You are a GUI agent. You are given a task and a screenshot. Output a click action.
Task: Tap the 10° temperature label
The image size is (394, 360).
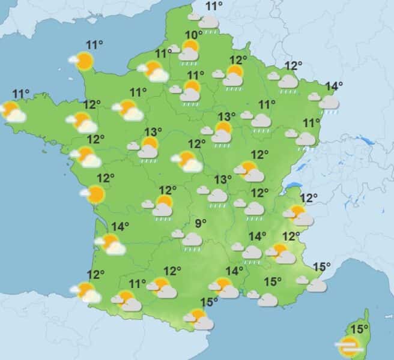(x=193, y=34)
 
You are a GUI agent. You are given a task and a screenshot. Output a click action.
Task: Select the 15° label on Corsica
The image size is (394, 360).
(x=360, y=329)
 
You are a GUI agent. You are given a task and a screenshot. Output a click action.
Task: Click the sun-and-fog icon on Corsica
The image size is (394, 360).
(x=348, y=345)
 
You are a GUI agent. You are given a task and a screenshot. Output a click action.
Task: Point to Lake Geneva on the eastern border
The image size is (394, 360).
(x=292, y=185)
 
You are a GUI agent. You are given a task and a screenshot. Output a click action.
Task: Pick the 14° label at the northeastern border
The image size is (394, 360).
(x=333, y=86)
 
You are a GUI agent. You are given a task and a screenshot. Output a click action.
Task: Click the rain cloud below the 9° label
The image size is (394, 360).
(x=192, y=239)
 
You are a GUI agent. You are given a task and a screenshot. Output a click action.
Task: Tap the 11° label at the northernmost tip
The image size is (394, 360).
(x=214, y=7)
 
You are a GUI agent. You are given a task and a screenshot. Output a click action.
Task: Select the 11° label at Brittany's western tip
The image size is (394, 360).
(x=21, y=94)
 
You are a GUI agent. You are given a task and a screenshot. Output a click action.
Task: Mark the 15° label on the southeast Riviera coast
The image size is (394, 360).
(x=322, y=267)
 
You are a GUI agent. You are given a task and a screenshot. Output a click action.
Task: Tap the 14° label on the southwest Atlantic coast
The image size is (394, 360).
(x=120, y=226)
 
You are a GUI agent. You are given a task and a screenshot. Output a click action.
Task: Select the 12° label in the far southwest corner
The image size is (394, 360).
(x=95, y=275)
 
